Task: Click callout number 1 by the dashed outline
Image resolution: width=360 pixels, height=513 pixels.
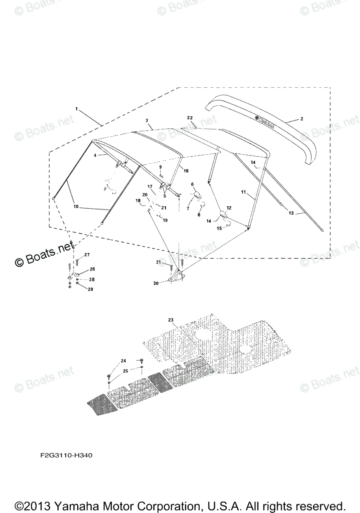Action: coord(77,109)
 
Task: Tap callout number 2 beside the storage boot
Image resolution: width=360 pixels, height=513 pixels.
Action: coord(301,119)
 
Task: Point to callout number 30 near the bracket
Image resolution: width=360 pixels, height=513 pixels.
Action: coord(156,283)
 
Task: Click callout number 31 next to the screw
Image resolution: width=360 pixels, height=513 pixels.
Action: coord(159,262)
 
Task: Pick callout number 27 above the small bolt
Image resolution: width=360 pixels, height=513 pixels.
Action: coord(87,255)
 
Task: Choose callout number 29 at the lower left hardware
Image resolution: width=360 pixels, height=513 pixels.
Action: coord(90,289)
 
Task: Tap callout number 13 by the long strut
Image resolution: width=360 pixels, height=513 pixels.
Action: coord(291,212)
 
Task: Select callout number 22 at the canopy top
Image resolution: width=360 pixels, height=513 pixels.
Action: coord(190,117)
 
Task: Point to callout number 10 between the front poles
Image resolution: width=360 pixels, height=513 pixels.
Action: coord(76,206)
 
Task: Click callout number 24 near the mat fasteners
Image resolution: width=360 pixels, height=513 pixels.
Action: coord(124,361)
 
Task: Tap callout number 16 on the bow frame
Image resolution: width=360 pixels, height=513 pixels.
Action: coord(186,171)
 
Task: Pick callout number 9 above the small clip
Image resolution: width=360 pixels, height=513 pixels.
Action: coord(161,167)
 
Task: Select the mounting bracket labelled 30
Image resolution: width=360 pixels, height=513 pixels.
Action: coord(176,277)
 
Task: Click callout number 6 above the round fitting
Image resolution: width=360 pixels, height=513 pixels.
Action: coord(192,184)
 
